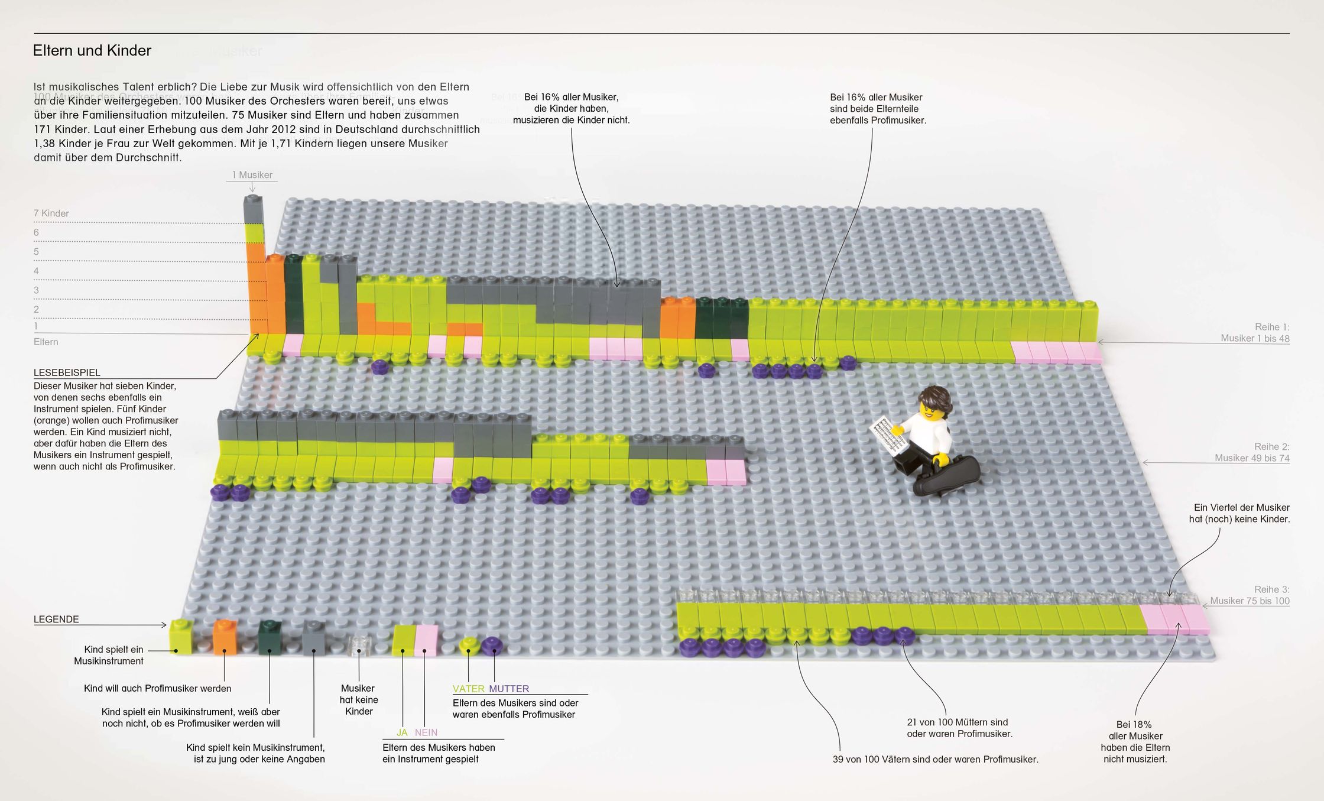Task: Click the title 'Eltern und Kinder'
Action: [x=92, y=51]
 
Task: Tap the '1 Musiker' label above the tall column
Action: [x=252, y=175]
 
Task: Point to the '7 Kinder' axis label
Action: [x=51, y=213]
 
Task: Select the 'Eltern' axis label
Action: [x=46, y=342]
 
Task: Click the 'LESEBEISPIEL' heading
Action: [x=67, y=372]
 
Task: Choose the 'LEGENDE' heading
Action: [x=56, y=619]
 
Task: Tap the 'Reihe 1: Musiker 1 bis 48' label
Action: [x=1255, y=333]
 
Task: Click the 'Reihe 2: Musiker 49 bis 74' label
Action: [x=1252, y=452]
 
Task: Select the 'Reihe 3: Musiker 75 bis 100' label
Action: [x=1250, y=595]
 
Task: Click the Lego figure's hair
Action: [x=933, y=398]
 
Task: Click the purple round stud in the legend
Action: [x=491, y=646]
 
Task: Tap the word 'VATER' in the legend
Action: [x=468, y=689]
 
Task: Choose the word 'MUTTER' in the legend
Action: [x=509, y=689]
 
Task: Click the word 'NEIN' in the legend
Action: [x=426, y=732]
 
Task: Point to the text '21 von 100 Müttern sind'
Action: [x=958, y=722]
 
